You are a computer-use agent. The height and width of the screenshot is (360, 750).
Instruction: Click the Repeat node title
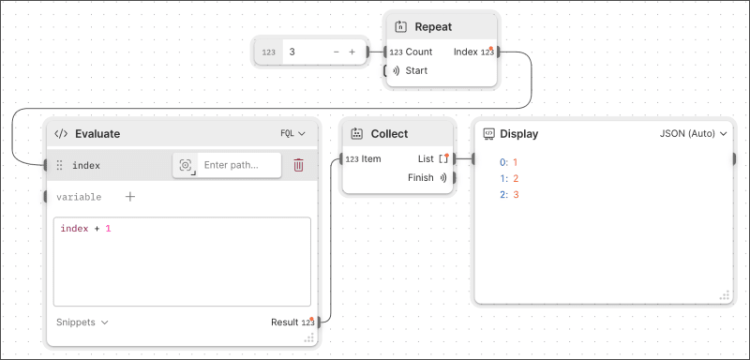(x=433, y=27)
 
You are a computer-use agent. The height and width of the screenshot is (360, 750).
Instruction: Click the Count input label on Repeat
(x=418, y=52)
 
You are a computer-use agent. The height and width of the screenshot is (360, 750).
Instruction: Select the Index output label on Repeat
(x=466, y=52)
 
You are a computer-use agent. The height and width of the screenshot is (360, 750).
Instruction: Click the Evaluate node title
(x=97, y=134)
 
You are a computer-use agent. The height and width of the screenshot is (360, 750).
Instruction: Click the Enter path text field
(x=239, y=165)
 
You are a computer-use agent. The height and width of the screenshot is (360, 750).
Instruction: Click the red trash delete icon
(x=298, y=165)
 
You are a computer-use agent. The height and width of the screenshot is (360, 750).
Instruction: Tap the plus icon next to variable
(x=130, y=197)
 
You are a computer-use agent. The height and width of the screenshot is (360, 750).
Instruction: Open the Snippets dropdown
(x=82, y=322)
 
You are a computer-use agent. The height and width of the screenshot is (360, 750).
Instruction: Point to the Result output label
(x=284, y=322)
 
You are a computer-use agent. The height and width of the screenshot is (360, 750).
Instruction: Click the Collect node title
(x=389, y=134)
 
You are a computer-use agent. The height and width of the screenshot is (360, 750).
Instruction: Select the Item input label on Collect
(x=370, y=159)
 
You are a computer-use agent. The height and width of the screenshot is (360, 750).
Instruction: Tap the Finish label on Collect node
(x=421, y=177)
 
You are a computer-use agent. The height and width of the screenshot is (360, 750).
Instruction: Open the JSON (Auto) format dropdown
(x=694, y=134)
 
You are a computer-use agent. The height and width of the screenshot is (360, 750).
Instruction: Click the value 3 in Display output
(x=517, y=194)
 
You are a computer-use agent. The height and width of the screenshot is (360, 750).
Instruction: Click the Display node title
(x=519, y=134)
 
